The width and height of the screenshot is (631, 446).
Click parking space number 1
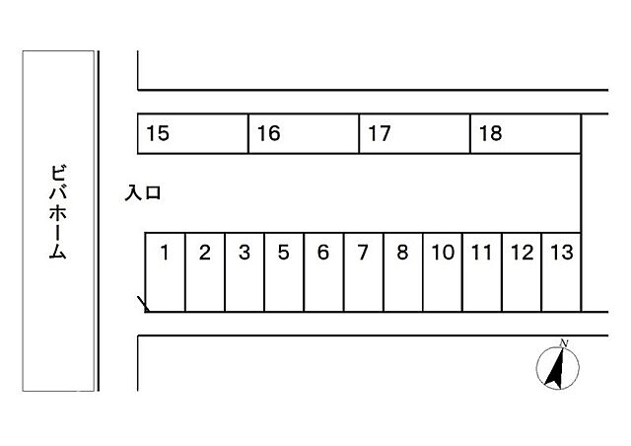click(165, 272)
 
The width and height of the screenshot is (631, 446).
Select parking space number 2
click(205, 272)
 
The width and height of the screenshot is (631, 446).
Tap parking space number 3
click(245, 272)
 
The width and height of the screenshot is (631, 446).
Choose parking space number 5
click(284, 272)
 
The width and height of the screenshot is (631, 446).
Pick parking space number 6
click(324, 272)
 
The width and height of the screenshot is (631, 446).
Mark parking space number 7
click(364, 272)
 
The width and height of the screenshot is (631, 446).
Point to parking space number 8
click(403, 272)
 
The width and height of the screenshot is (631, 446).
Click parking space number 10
click(443, 272)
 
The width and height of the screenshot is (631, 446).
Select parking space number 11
click(482, 272)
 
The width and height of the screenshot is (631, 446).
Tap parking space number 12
click(522, 272)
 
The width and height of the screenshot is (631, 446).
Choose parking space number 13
click(562, 272)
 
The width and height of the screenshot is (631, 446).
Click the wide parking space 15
click(193, 134)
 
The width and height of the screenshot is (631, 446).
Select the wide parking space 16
click(304, 134)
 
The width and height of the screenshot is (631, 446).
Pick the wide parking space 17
click(414, 134)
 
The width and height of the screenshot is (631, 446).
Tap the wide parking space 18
click(526, 134)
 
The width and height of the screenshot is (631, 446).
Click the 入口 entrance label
click(143, 193)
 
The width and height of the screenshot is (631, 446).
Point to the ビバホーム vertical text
click(58, 212)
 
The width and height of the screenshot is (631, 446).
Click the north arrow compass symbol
click(558, 368)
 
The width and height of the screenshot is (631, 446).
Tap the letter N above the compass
click(563, 343)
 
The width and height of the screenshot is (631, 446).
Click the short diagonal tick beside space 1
click(143, 304)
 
